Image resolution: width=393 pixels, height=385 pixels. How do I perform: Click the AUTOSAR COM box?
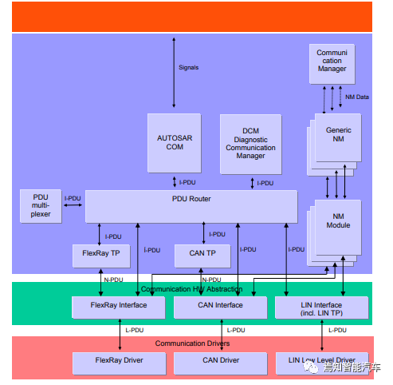(174, 142)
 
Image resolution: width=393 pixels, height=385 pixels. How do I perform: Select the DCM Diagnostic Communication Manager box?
(251, 142)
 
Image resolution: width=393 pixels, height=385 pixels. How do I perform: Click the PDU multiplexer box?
(41, 207)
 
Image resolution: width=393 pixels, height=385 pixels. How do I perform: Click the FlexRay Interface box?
(120, 305)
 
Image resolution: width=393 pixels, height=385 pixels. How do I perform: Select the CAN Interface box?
(219, 305)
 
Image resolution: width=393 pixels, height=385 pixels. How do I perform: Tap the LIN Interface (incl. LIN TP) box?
(321, 308)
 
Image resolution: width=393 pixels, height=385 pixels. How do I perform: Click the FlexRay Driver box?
(120, 361)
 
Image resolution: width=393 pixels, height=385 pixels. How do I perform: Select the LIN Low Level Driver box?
(321, 361)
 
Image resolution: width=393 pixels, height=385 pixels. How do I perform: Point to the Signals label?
(189, 67)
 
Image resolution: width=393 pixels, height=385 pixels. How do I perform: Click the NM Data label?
(356, 97)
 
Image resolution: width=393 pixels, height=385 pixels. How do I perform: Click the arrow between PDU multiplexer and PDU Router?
(73, 206)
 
